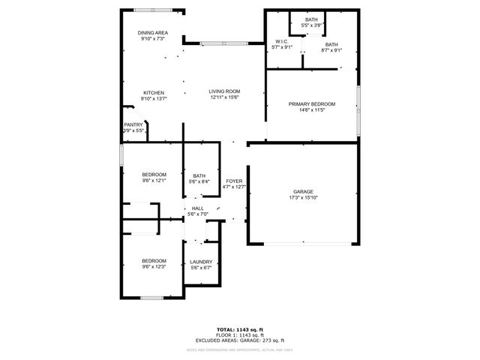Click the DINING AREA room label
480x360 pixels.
[152, 33]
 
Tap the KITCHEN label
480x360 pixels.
[154, 92]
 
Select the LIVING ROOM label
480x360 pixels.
[224, 91]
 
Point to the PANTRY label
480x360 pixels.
[133, 124]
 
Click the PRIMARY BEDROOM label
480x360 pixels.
[312, 103]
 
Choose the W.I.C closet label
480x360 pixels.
[282, 41]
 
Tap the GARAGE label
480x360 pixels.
[303, 191]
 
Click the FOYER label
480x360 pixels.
[234, 181]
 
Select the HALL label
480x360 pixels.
[197, 208]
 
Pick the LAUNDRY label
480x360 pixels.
[201, 262]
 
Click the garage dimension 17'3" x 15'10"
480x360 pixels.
[303, 197]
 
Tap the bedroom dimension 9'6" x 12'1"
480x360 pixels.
[154, 181]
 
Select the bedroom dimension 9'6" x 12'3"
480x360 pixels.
[154, 267]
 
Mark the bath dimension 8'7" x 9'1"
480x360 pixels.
[331, 51]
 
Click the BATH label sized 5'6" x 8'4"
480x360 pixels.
[199, 175]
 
